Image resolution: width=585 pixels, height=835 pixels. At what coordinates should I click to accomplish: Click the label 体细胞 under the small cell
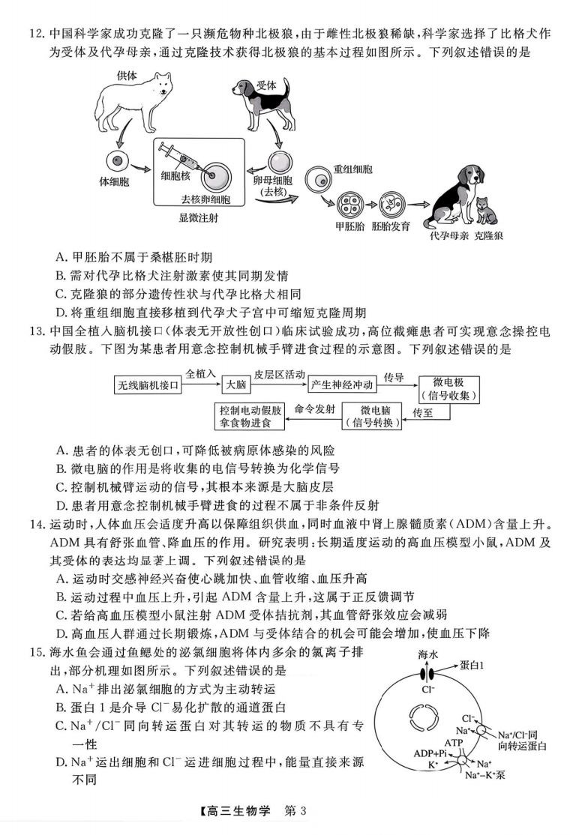[x=116, y=182]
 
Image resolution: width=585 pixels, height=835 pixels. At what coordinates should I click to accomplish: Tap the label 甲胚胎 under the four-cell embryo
[x=349, y=226]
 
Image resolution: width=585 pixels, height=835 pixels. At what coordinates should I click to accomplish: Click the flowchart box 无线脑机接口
[x=148, y=385]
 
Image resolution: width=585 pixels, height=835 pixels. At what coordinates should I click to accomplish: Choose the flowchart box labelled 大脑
[x=235, y=385]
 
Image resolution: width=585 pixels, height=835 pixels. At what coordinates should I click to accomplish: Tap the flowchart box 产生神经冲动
[x=341, y=385]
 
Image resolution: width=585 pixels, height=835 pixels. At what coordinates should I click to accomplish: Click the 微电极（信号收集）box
[x=449, y=388]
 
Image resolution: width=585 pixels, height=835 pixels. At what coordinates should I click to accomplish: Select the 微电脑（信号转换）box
[x=371, y=416]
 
